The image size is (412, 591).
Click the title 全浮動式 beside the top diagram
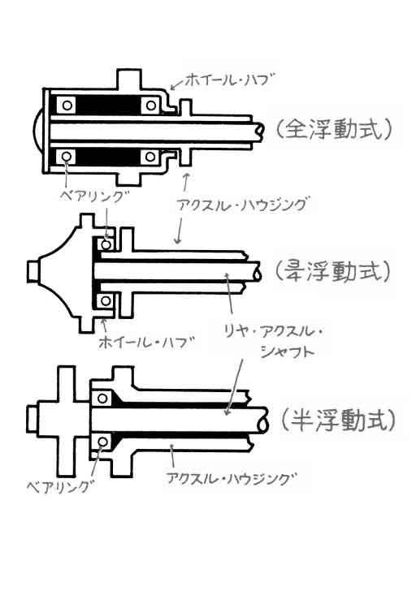pos(333,131)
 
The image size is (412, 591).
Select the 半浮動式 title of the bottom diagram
pos(338,420)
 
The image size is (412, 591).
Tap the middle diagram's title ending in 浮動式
pos(332,271)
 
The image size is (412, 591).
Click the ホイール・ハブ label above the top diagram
pos(228,80)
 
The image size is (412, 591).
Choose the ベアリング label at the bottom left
pos(59,486)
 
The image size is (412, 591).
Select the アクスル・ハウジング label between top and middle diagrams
pos(242,204)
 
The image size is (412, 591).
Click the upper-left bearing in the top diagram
pos(67,106)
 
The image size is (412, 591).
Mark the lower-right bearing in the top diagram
pos(150,156)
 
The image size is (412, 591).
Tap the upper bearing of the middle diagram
pos(106,245)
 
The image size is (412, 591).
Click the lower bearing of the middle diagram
pos(106,300)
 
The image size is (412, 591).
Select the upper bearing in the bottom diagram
pos(102,398)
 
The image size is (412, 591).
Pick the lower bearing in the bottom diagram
pos(102,442)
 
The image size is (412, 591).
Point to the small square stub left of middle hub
pos(33,271)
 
